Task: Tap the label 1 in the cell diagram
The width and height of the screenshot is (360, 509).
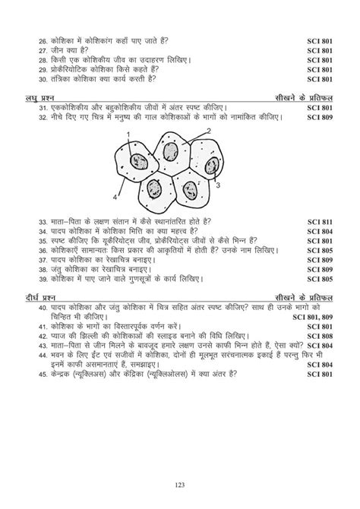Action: tap(129, 134)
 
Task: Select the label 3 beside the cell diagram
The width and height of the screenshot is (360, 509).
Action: tap(219, 185)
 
